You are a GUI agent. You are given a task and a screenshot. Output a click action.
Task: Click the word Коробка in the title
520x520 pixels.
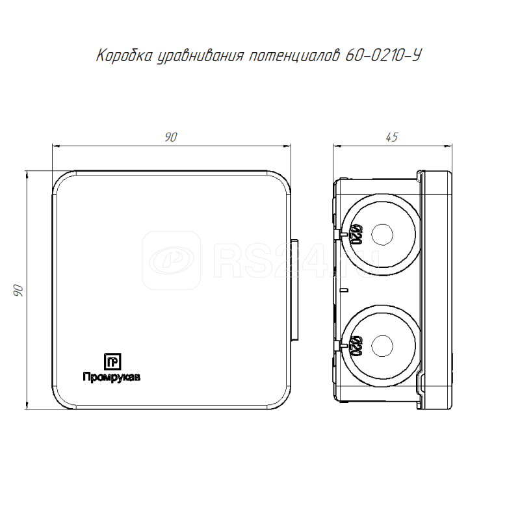[x=124, y=55]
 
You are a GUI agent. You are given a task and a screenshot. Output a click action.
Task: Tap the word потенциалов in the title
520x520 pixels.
[x=294, y=55]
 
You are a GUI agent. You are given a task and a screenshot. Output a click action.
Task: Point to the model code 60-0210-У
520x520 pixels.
[x=383, y=55]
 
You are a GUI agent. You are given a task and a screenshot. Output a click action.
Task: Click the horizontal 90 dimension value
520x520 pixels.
[x=171, y=137]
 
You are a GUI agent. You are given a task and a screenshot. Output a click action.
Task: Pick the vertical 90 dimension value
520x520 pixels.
[x=19, y=290]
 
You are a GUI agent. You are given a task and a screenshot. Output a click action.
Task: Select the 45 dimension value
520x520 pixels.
[x=392, y=137]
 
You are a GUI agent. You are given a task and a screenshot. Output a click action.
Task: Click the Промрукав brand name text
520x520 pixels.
[x=111, y=377]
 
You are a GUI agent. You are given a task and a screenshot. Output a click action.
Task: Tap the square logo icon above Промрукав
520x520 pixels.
[x=112, y=361]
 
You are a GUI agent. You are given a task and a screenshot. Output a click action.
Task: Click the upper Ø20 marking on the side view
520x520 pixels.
[x=356, y=234]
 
